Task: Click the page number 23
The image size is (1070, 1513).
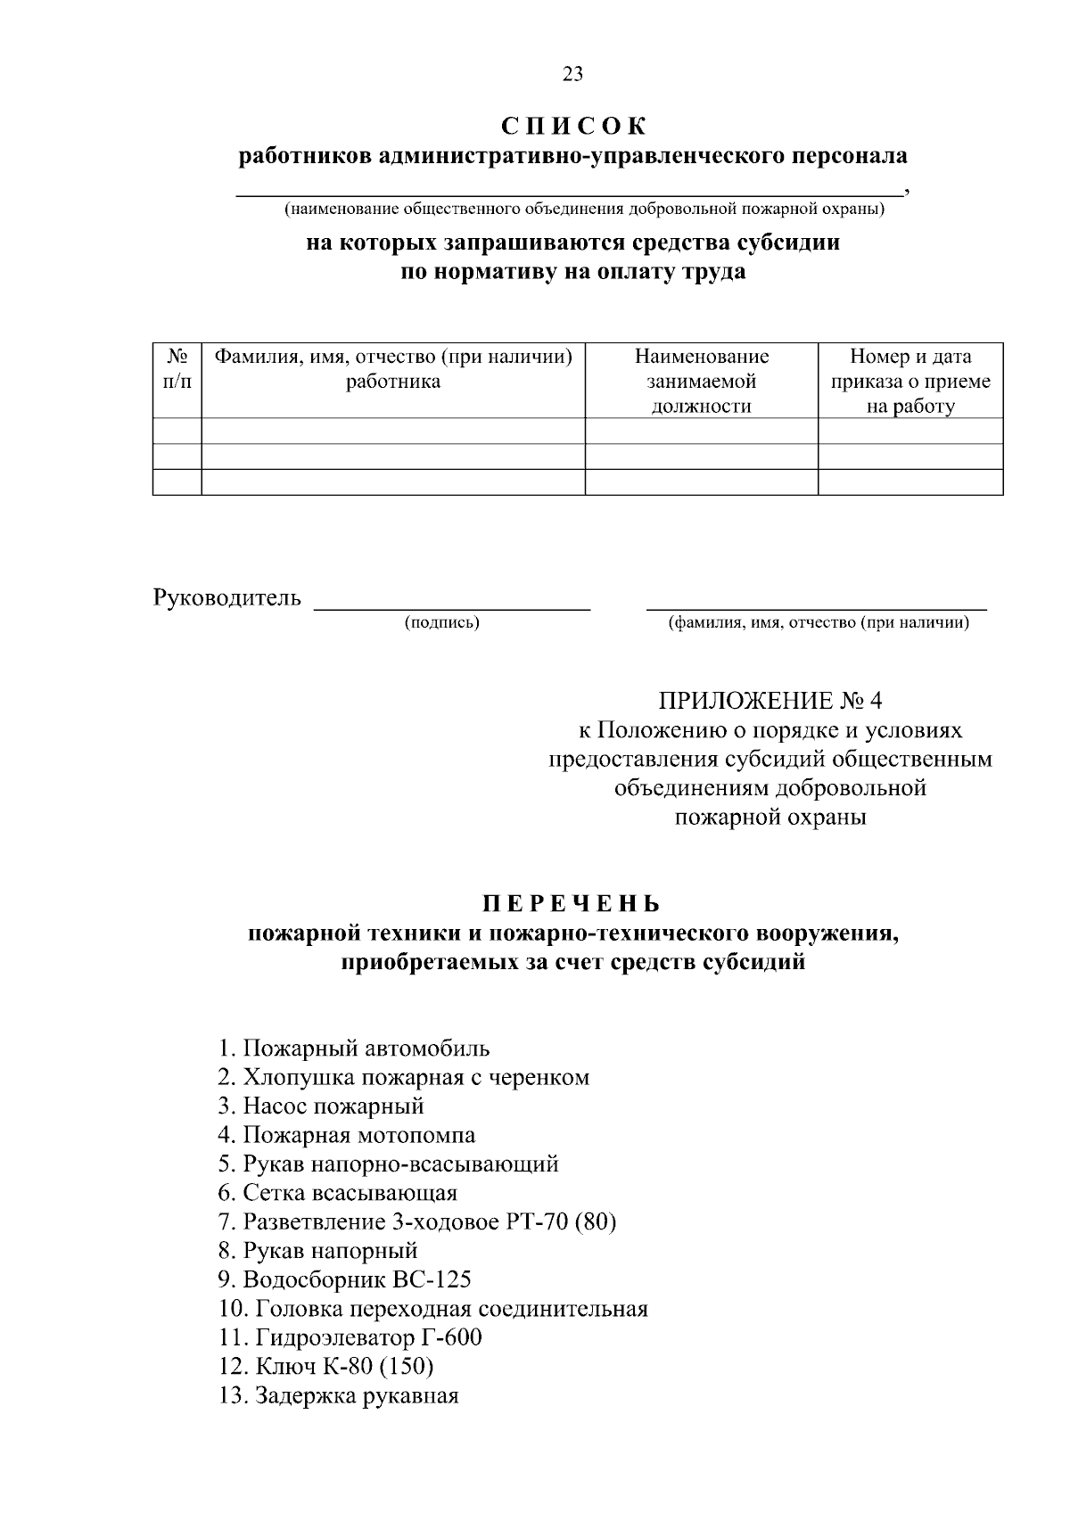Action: point(572,75)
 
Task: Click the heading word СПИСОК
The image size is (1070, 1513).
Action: point(572,126)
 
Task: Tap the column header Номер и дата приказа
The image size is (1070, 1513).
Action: point(910,382)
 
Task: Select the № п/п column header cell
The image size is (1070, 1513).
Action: point(177,369)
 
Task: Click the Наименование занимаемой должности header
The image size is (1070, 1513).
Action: point(701,382)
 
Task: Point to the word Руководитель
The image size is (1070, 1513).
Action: point(227,597)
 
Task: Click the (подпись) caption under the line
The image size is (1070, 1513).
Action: point(442,622)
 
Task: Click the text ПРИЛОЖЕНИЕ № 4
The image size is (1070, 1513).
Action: point(770,700)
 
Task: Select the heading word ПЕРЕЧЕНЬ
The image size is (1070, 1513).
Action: point(572,904)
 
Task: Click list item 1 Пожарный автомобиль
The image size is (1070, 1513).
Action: point(354,1048)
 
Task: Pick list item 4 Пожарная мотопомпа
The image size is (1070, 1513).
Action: point(347,1135)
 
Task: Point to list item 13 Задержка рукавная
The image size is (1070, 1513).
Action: point(339,1396)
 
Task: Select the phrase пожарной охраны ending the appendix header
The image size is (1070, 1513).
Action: point(770,817)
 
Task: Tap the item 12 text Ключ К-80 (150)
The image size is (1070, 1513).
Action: point(325,1367)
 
